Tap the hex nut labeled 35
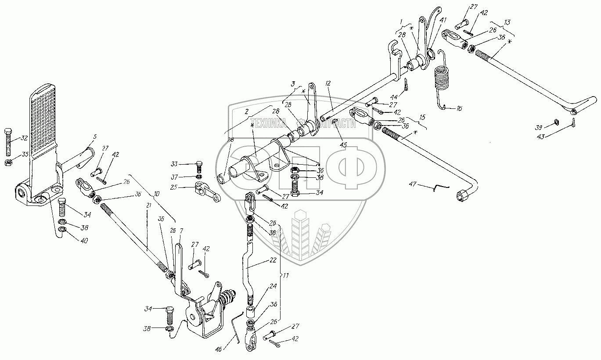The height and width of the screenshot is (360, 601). tap(8, 163)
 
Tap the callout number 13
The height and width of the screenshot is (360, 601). tap(507, 22)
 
